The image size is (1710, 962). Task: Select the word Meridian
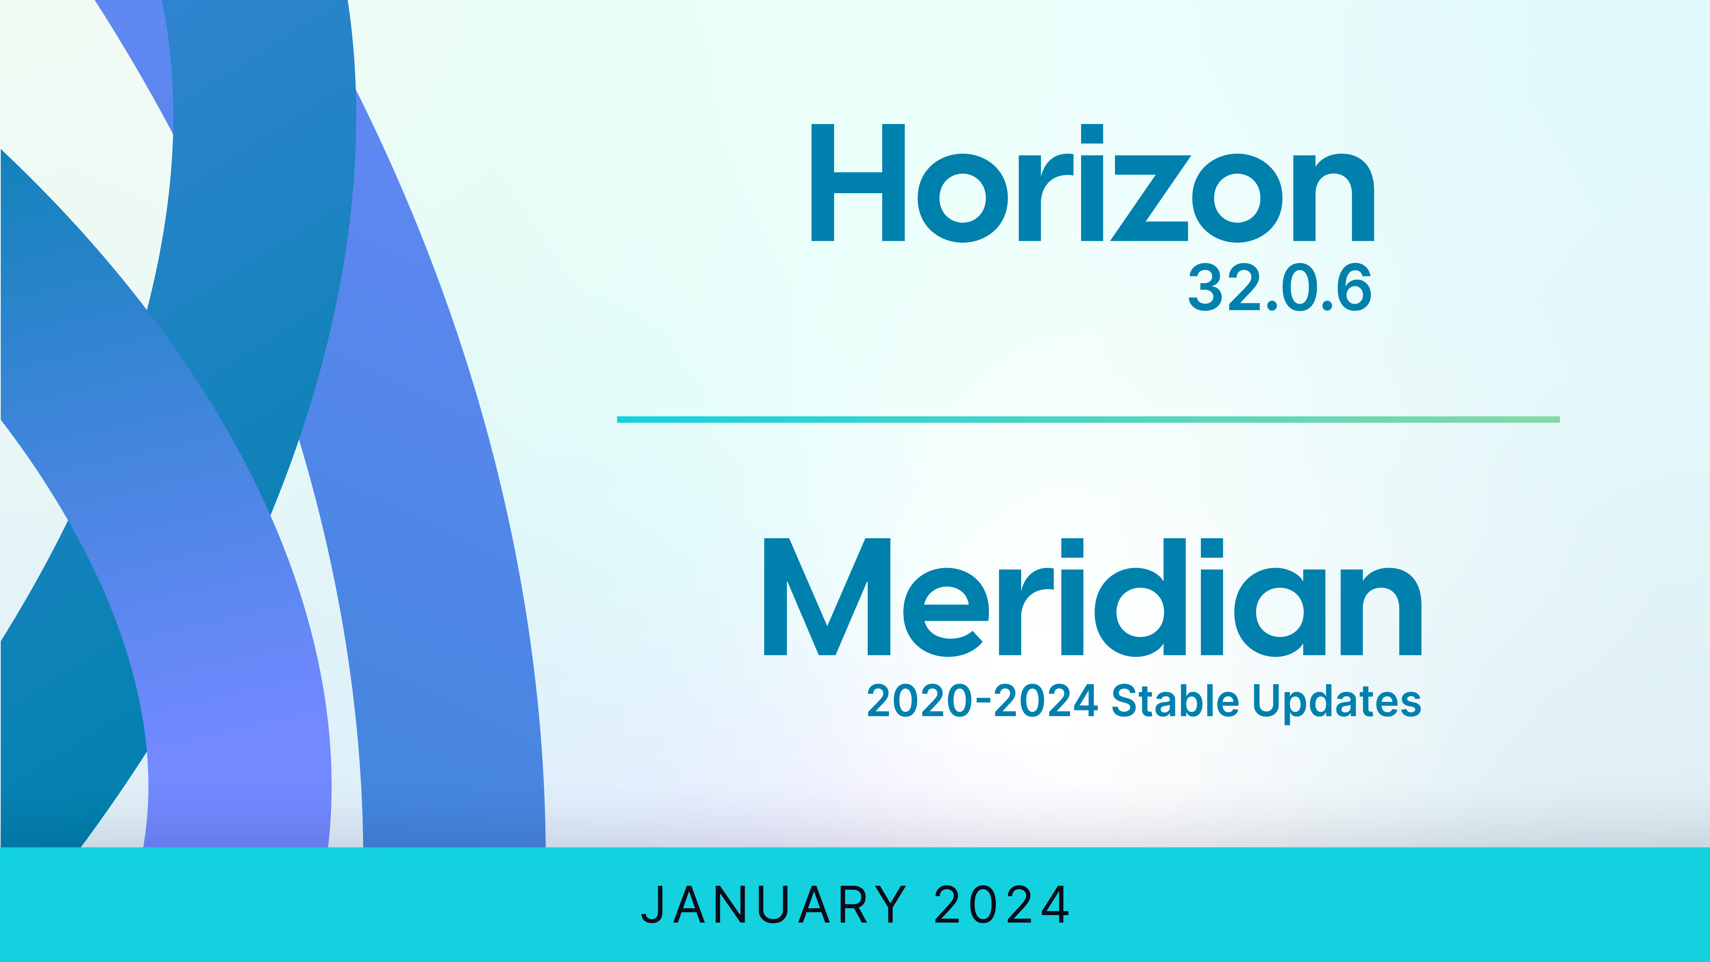tap(1093, 597)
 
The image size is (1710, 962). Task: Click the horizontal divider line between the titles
tap(1088, 420)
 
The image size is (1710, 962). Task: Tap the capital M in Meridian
tap(827, 597)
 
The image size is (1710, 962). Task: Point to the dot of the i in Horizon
tap(1092, 133)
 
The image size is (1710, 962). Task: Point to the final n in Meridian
tap(1382, 612)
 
